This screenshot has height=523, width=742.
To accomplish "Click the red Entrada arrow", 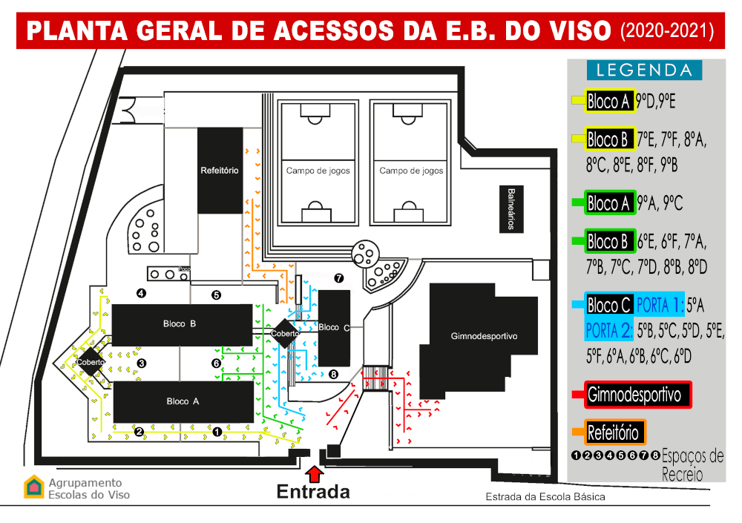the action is (x=314, y=474).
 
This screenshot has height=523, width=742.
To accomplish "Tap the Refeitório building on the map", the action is (x=220, y=171).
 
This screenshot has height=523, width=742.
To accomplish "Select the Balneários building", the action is (x=511, y=209).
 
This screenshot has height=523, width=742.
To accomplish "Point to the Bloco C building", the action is (x=334, y=328).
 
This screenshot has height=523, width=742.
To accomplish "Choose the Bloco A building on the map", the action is (x=183, y=401).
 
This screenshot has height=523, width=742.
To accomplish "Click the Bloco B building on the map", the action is (x=182, y=325).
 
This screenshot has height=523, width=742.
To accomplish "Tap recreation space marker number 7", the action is (x=339, y=278).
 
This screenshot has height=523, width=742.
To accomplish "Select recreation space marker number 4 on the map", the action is (x=141, y=294).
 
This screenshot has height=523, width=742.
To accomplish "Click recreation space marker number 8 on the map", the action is (x=334, y=375).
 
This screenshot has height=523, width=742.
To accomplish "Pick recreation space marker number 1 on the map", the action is (x=217, y=432).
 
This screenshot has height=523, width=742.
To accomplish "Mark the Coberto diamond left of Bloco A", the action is (x=91, y=362).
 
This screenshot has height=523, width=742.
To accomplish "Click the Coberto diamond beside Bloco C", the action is (x=285, y=333).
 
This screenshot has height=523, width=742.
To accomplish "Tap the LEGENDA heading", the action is (x=644, y=70).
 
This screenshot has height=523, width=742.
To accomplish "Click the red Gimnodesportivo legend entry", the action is (x=638, y=395).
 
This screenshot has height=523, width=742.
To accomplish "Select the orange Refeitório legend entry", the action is (x=614, y=432).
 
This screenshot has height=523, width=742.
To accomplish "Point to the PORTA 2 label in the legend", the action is (x=609, y=331).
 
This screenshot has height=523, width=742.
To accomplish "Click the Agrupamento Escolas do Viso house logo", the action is (x=33, y=487).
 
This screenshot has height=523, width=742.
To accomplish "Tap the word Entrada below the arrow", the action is (x=313, y=492).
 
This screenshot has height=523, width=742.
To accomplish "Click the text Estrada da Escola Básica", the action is (x=545, y=497).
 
